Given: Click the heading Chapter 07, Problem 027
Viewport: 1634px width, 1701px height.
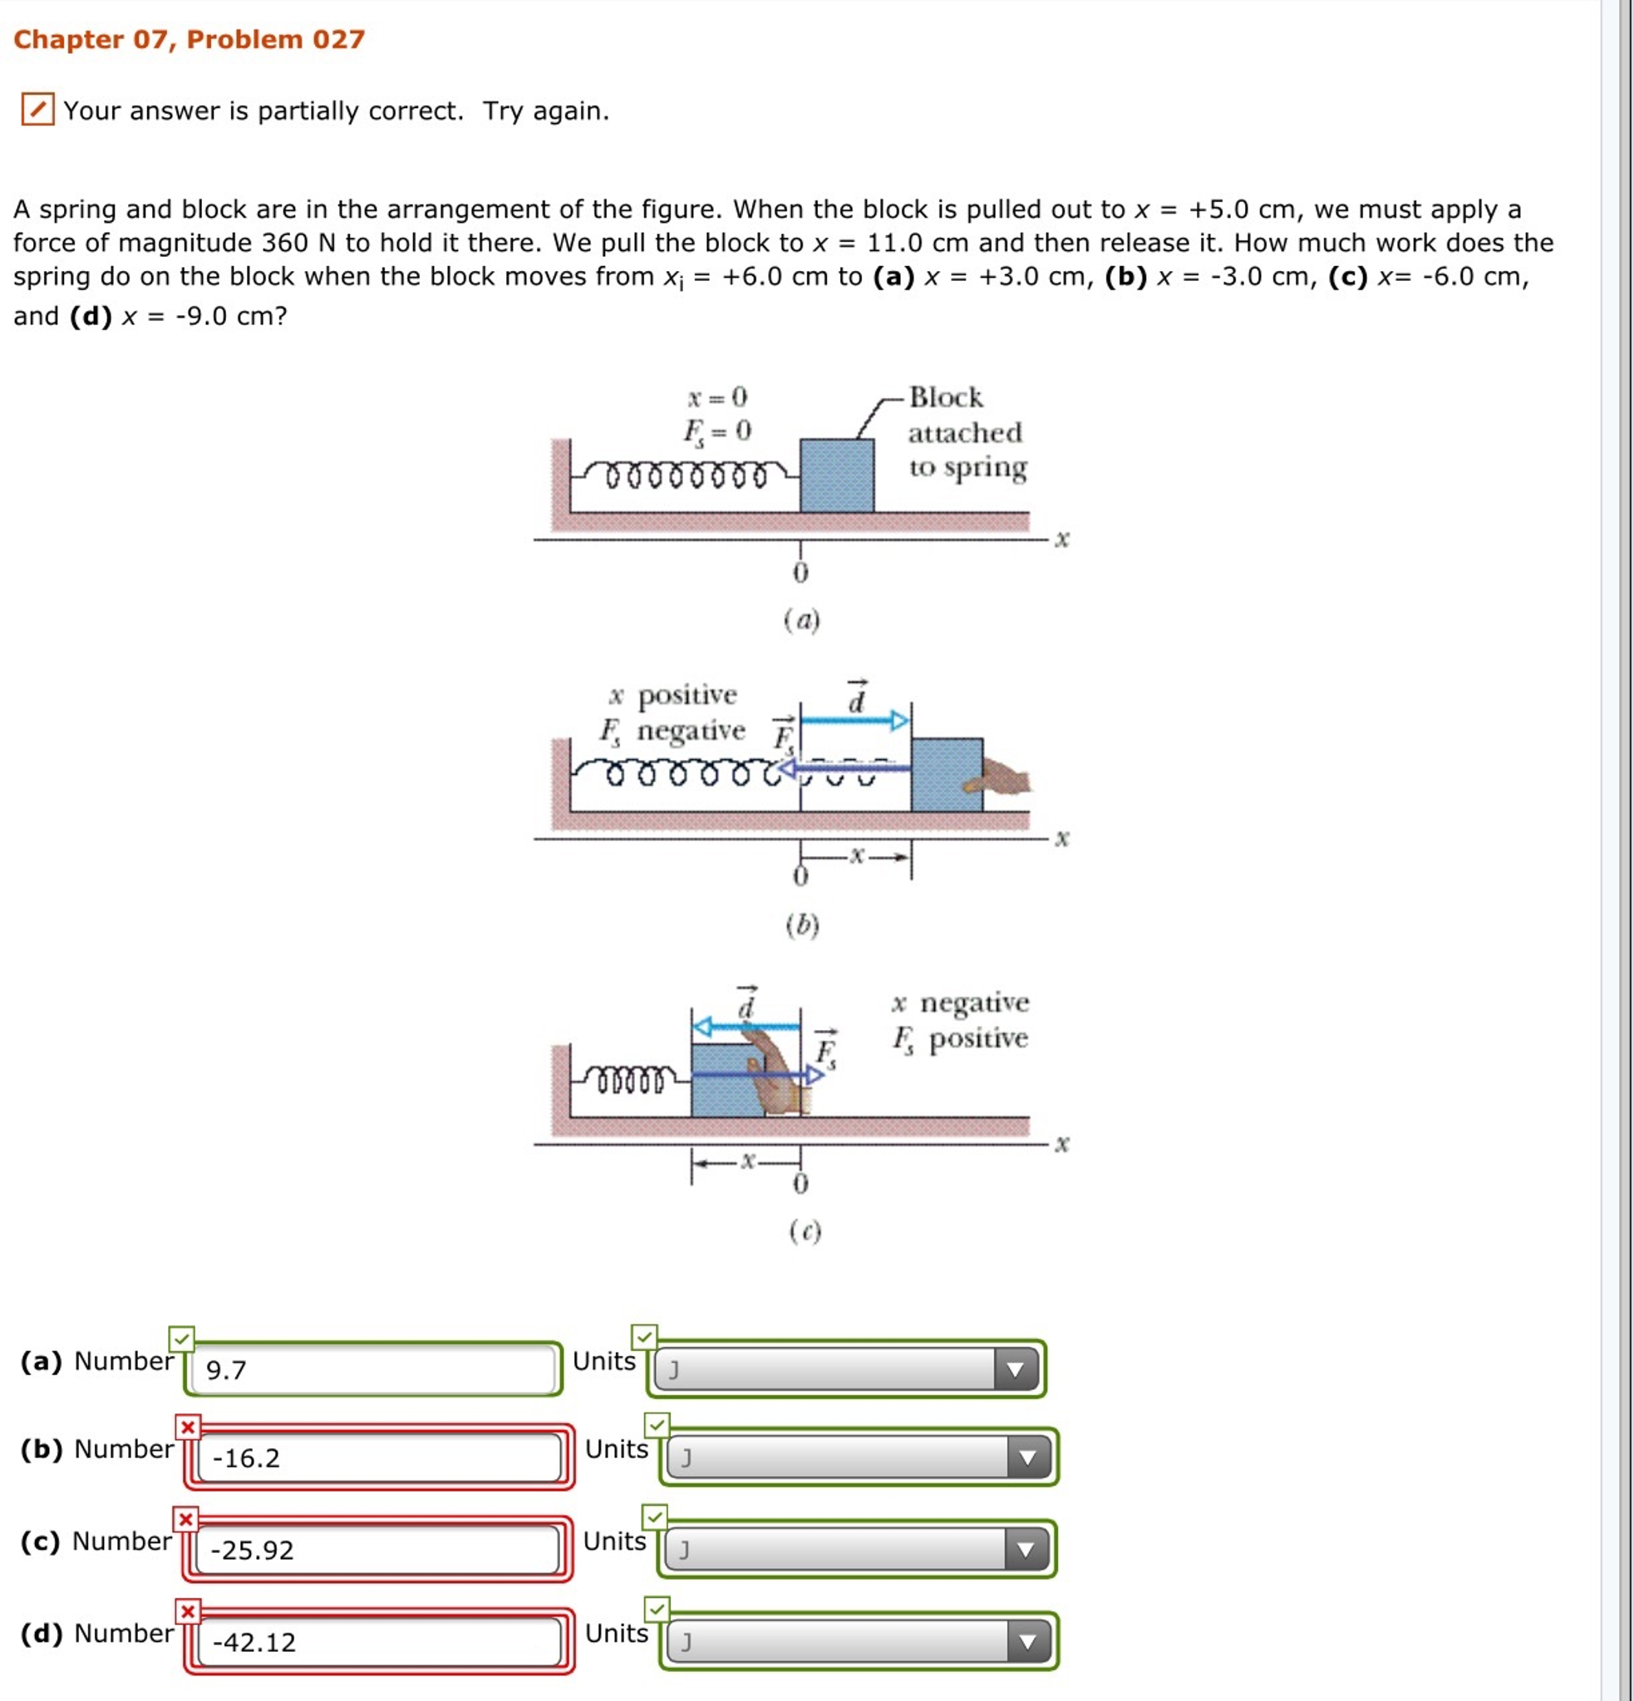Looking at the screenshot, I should point(189,39).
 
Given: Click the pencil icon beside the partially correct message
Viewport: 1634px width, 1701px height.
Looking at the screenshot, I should point(37,110).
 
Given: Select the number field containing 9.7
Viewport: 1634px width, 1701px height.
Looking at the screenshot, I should point(373,1369).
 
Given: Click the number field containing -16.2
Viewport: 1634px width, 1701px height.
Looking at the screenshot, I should point(378,1458).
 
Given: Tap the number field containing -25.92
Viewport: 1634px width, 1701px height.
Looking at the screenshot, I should point(377,1550).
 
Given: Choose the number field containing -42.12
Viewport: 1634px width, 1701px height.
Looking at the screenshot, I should point(378,1642).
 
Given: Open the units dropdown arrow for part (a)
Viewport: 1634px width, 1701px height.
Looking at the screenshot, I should point(1015,1369).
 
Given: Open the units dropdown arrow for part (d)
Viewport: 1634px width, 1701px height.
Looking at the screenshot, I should point(1027,1642).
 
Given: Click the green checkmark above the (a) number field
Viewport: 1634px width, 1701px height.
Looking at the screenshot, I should point(181,1339).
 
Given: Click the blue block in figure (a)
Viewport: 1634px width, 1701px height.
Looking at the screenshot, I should point(836,476).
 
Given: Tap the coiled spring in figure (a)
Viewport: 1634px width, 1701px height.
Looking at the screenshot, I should point(686,476).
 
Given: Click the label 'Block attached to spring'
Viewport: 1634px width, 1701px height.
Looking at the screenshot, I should point(966,432).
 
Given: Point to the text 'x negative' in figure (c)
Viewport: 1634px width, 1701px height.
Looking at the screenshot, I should point(960,1003).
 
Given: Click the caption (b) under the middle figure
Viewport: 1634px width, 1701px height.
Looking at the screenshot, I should point(802,925).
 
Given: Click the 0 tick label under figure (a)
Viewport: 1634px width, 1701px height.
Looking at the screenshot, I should point(800,573).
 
